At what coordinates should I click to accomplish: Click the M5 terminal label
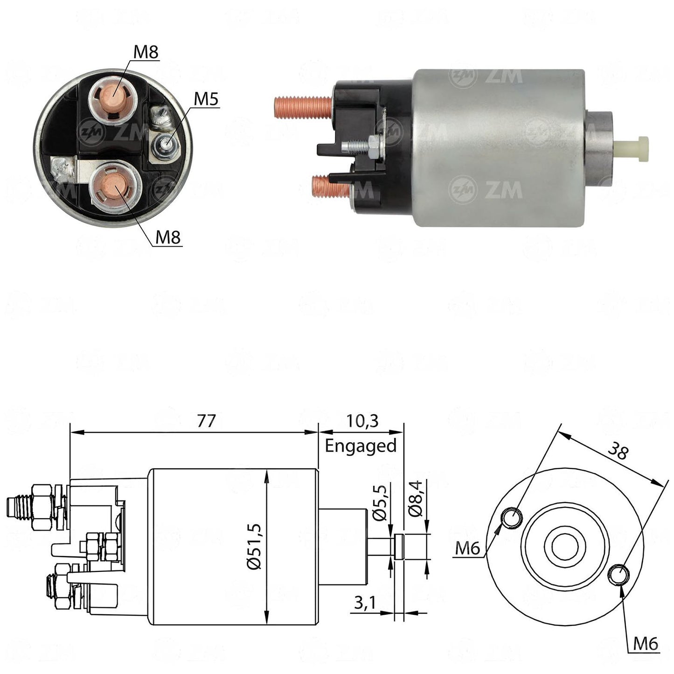point(206,99)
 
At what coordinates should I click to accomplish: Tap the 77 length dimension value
point(205,421)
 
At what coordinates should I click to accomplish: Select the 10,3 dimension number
point(362,421)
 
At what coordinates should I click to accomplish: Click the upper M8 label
point(146,52)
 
